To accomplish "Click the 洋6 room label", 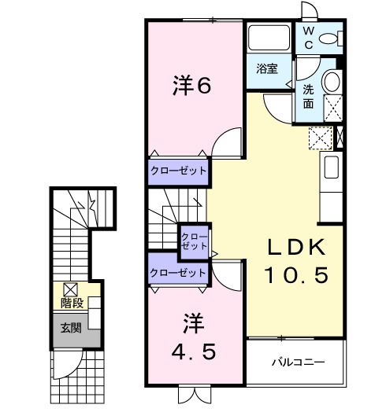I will point(191,86).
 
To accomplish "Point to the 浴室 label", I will point(267,68).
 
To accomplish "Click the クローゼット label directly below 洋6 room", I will point(179,170).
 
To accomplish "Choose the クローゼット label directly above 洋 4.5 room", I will point(179,272).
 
